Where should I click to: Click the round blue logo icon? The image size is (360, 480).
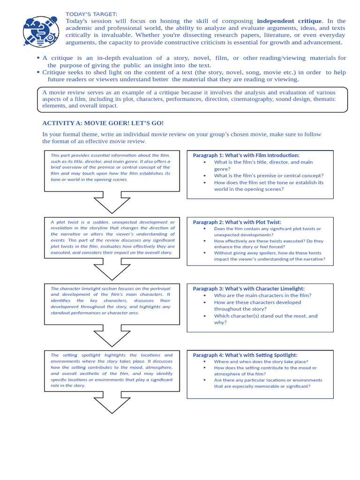[x=41, y=32]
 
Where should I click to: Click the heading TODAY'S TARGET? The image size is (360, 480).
[x=91, y=14]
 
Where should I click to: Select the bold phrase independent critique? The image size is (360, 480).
[x=289, y=21]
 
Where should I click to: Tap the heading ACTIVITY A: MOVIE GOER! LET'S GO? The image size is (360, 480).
[x=103, y=123]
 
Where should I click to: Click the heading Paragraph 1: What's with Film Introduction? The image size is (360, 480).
[x=246, y=155]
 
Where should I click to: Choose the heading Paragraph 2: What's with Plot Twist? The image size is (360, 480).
[x=237, y=222]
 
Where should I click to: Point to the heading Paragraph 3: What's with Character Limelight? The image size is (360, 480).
[x=248, y=289]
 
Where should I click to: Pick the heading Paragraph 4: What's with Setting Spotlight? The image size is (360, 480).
[x=245, y=355]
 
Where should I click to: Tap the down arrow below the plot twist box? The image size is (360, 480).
[x=112, y=270]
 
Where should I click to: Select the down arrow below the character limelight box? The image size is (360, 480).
[x=112, y=337]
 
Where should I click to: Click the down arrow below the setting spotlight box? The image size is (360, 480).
[x=112, y=404]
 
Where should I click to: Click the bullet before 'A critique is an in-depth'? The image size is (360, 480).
[x=38, y=58]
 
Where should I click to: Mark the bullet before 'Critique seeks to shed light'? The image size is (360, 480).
[x=38, y=72]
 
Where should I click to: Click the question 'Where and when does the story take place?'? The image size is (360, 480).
[x=261, y=362]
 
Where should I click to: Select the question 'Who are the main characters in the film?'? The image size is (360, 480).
[x=262, y=295]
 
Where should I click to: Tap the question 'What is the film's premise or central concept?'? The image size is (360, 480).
[x=269, y=175]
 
